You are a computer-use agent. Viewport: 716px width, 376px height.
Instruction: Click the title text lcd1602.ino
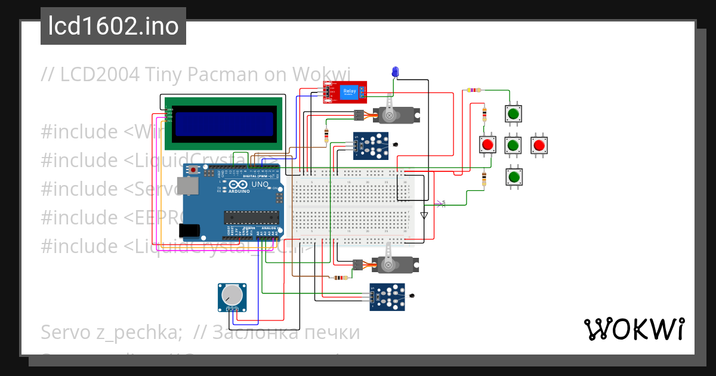coord(113,26)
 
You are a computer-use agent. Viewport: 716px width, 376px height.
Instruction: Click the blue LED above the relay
coord(394,72)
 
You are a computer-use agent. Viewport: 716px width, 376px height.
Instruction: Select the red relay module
coord(345,92)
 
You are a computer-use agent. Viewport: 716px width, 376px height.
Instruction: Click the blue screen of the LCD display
coord(224,124)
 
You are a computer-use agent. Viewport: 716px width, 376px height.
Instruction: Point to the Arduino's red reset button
coord(194,171)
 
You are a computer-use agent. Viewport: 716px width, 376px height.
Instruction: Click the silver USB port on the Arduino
coord(190,187)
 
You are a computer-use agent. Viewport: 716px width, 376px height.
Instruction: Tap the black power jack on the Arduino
coord(189,230)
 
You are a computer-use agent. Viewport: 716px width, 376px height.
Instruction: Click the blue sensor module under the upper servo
coord(371,146)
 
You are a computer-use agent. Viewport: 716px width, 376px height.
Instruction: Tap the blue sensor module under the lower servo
coord(387,297)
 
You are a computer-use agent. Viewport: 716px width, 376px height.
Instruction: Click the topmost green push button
coord(513,113)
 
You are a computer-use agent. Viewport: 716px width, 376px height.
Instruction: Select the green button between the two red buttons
coord(513,145)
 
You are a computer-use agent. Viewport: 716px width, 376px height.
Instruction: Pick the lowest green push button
coord(513,177)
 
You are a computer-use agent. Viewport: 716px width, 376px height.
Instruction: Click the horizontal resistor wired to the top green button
coord(474,91)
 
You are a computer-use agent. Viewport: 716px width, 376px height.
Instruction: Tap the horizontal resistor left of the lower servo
coord(340,278)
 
